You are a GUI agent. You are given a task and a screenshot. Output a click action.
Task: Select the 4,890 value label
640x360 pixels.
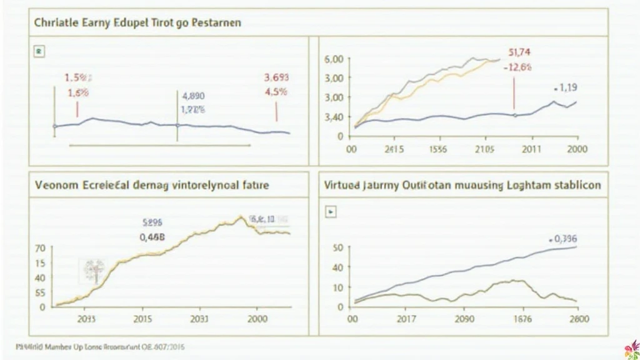(x=192, y=97)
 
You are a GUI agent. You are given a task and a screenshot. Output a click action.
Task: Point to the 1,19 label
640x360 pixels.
(x=566, y=88)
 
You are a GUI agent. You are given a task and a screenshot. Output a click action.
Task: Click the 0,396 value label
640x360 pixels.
(x=563, y=238)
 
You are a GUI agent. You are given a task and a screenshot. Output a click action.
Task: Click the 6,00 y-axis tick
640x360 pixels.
(x=334, y=59)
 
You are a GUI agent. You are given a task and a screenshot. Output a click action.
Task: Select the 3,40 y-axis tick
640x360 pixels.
(x=334, y=117)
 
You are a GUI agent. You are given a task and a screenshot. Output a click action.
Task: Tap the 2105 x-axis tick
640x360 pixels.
(x=484, y=149)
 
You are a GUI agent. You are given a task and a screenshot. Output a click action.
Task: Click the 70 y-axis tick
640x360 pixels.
(x=39, y=248)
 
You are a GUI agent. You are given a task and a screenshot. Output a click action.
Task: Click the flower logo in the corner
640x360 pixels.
(x=631, y=350)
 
